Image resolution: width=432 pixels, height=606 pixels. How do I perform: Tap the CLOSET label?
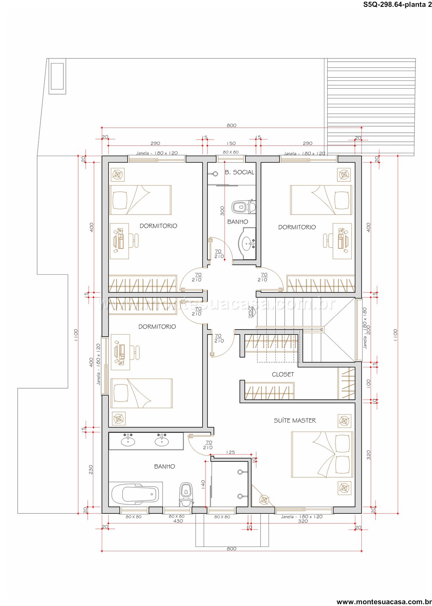[x=283, y=374]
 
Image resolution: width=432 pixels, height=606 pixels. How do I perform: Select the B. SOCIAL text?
[x=239, y=172]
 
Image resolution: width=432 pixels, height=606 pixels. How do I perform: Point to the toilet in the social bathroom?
[x=243, y=207]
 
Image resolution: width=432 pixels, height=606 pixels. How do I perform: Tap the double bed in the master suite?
[x=322, y=454]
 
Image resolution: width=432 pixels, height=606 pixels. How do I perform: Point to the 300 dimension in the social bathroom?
[x=222, y=211]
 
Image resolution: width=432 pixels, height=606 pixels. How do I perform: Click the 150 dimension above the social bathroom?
[x=231, y=143]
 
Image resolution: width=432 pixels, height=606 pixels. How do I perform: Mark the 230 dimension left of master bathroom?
[x=91, y=469]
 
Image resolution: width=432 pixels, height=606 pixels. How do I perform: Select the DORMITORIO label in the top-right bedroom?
[x=297, y=227]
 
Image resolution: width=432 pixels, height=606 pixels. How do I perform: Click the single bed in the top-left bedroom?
[x=140, y=200]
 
